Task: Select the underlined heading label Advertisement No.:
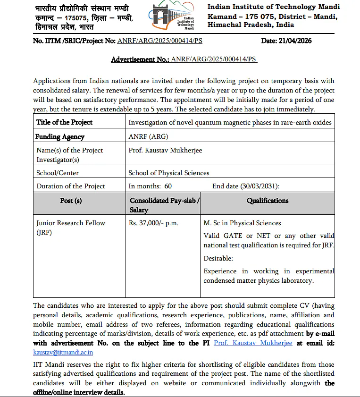pos(140,59)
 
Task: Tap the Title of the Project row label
pos(64,122)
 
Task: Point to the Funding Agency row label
pos(60,137)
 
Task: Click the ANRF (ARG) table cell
pos(148,137)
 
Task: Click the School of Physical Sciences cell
pos(169,173)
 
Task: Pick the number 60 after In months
pos(168,186)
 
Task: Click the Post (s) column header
pos(71,201)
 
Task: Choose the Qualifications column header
pos(268,201)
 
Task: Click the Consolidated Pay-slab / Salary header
pos(164,205)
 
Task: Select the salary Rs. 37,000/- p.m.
pos(153,223)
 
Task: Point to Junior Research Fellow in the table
pos(71,223)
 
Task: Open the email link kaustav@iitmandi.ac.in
pos(63,352)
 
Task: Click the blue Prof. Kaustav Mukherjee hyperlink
pos(253,343)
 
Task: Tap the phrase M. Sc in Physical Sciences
pos(242,223)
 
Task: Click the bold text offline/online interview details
pos(79,392)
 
